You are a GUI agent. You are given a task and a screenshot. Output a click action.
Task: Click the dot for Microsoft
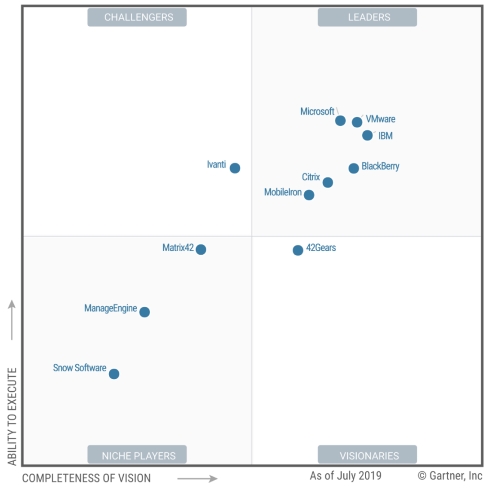click(x=340, y=120)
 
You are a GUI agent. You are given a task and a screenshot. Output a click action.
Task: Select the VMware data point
click(x=357, y=122)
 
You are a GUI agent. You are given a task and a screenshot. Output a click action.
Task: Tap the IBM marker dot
click(x=367, y=135)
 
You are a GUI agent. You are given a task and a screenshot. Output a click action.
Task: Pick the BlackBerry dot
click(x=354, y=168)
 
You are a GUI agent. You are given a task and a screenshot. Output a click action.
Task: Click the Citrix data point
click(x=328, y=182)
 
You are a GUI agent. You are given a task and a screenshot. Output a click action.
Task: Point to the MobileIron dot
click(x=309, y=195)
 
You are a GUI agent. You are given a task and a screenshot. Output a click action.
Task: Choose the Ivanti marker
click(x=235, y=168)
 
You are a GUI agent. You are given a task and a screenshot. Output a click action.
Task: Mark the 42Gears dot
click(x=298, y=250)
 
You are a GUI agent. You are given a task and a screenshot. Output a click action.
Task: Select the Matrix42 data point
click(x=201, y=249)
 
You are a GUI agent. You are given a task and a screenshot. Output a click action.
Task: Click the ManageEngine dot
click(x=144, y=312)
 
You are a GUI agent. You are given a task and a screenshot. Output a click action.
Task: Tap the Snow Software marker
click(x=114, y=374)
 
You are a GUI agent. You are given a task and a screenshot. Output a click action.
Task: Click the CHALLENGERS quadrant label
click(x=137, y=17)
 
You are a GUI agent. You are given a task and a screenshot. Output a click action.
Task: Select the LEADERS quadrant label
click(x=368, y=17)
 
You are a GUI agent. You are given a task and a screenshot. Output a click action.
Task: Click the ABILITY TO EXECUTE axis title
click(x=12, y=416)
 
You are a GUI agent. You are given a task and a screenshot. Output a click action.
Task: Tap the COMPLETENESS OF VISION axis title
click(x=86, y=478)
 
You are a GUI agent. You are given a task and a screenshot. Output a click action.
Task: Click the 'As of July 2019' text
click(x=346, y=476)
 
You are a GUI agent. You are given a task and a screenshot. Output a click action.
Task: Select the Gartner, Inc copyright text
click(x=450, y=476)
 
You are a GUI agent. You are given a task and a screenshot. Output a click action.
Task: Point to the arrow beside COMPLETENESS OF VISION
click(x=197, y=478)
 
